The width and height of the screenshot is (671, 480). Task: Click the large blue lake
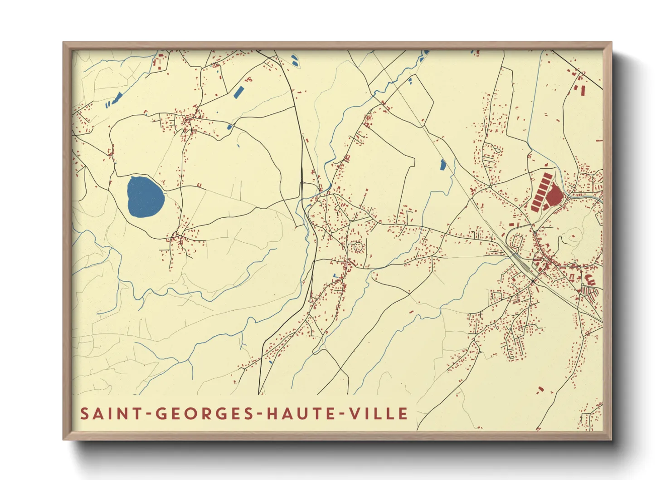point(145,197)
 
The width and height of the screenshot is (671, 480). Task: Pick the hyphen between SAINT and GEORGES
point(148,414)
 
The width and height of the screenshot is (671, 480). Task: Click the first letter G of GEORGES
point(160,414)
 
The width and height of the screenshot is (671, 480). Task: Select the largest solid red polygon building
point(554,196)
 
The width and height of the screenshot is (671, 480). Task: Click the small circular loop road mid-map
point(357,247)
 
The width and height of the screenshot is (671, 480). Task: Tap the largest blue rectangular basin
point(238,92)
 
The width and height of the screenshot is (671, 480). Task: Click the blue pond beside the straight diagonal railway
point(443,165)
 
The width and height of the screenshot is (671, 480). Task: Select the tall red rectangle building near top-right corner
point(583,90)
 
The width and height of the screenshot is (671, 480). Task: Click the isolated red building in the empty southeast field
point(540,389)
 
